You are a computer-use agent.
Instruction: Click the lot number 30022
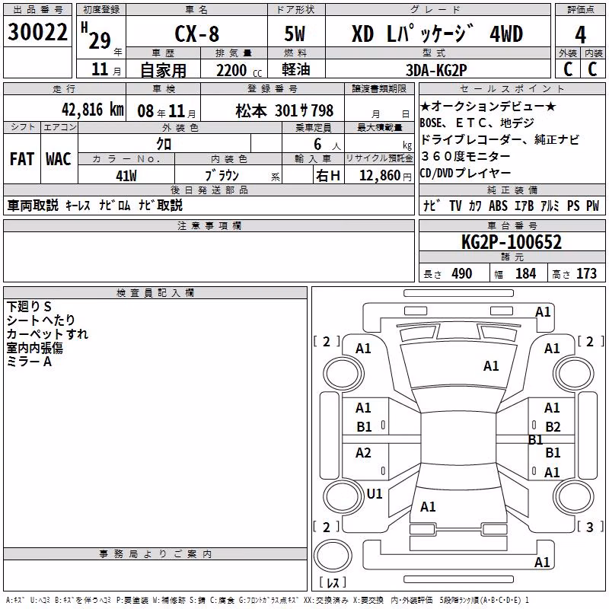tap(37, 32)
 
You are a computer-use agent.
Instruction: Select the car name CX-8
tap(197, 33)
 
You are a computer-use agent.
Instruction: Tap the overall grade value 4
tap(580, 35)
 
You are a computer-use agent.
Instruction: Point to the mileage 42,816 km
tap(93, 110)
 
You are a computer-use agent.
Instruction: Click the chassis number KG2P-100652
tap(512, 242)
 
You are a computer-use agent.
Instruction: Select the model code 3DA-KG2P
tap(436, 70)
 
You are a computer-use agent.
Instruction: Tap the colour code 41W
tap(126, 176)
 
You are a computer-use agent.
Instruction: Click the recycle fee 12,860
tap(380, 176)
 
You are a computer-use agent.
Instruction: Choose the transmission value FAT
tap(22, 159)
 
